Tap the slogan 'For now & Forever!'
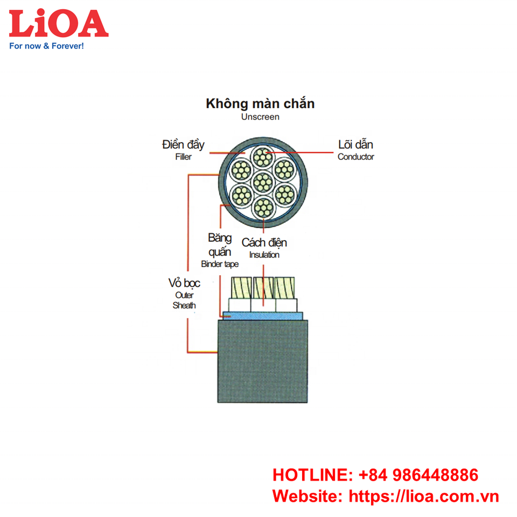pyautogui.click(x=47, y=46)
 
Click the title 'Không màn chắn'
pyautogui.click(x=260, y=103)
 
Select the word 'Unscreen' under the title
pyautogui.click(x=260, y=117)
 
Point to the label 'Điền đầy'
pyautogui.click(x=183, y=145)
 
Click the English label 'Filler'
pyautogui.click(x=183, y=157)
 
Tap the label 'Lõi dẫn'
pyautogui.click(x=355, y=145)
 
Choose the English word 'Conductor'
pyautogui.click(x=355, y=157)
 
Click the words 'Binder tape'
pyautogui.click(x=219, y=264)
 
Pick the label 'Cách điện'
pyautogui.click(x=264, y=243)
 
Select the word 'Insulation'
pyautogui.click(x=264, y=255)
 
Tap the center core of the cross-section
pyautogui.click(x=262, y=181)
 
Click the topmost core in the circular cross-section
pyautogui.click(x=262, y=157)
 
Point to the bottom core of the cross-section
pyautogui.click(x=262, y=207)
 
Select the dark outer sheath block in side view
pyautogui.click(x=262, y=361)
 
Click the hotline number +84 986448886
pyautogui.click(x=418, y=475)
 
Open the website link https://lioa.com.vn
pyautogui.click(x=424, y=496)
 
